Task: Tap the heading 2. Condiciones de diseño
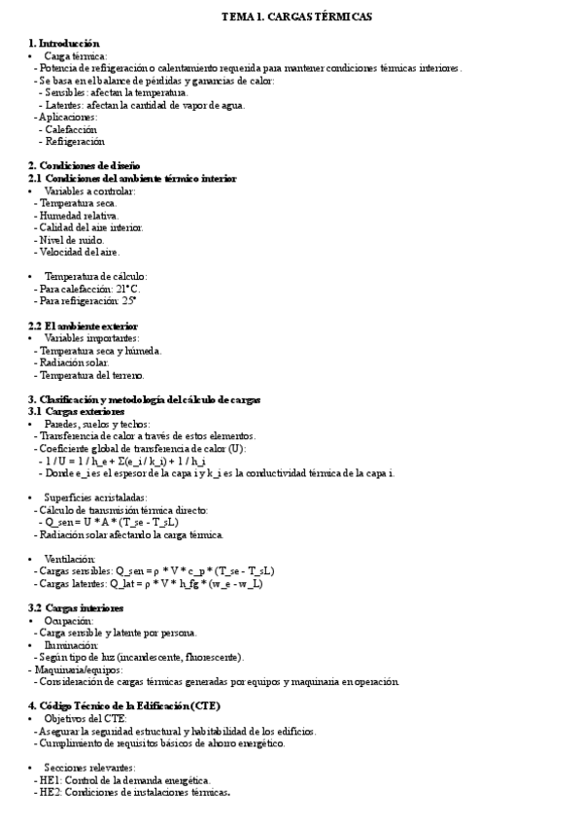(x=84, y=165)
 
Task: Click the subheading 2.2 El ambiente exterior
(x=83, y=326)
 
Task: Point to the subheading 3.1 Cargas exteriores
(x=77, y=412)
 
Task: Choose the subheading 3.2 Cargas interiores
(x=75, y=607)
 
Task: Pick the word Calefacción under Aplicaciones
(x=71, y=129)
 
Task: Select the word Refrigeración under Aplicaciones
(x=74, y=141)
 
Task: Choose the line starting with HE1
(x=124, y=779)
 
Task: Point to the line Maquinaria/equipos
(x=69, y=669)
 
